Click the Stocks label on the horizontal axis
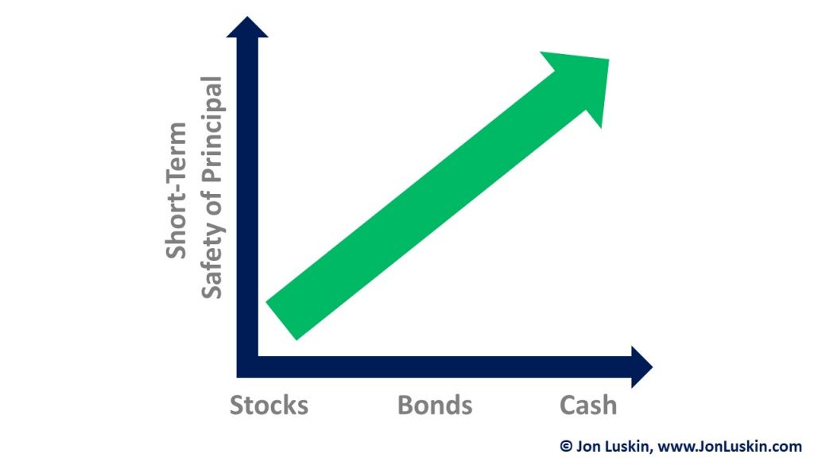[269, 405]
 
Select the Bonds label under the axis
[435, 405]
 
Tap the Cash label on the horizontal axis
[588, 405]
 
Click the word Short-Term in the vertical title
[176, 190]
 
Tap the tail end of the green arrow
[281, 321]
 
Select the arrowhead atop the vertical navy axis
[248, 27]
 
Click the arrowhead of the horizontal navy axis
[642, 367]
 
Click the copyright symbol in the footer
[566, 446]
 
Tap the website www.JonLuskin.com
[730, 446]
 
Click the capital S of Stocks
[237, 405]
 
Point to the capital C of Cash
[568, 405]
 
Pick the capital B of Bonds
[405, 405]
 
